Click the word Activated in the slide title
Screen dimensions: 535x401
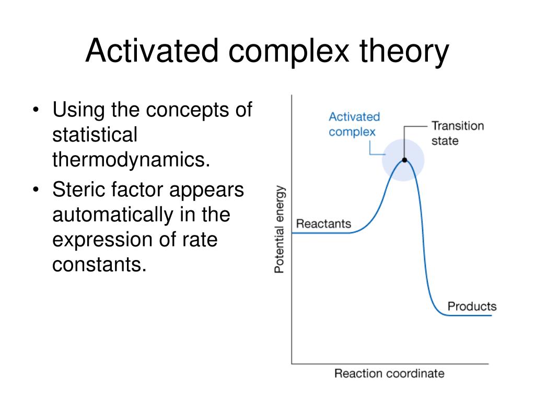click(152, 51)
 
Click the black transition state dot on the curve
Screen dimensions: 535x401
click(405, 160)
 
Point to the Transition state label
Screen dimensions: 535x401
click(458, 133)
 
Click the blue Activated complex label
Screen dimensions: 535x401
click(354, 124)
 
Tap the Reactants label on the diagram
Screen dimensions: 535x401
click(323, 223)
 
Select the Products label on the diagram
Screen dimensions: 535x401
click(472, 306)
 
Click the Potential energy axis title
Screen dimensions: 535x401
click(279, 229)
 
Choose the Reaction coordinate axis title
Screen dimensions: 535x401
click(389, 373)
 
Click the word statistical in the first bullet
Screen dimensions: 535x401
click(95, 134)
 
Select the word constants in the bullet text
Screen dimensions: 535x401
click(99, 265)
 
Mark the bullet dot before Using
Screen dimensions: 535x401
click(36, 110)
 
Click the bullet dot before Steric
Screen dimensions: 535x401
click(36, 190)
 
